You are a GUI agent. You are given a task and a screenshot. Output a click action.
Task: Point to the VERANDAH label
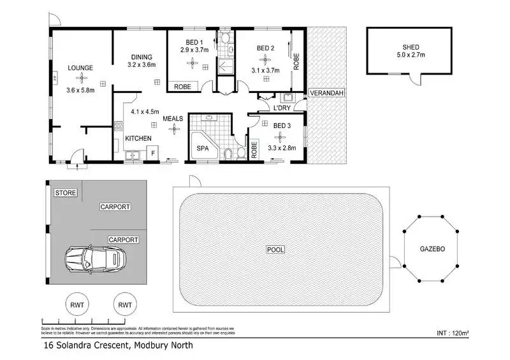pos(326,94)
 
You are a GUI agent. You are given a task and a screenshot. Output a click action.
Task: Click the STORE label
pos(65,192)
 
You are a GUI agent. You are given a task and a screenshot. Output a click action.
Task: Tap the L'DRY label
pos(282,108)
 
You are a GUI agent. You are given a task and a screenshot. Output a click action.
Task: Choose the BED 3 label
pos(282,126)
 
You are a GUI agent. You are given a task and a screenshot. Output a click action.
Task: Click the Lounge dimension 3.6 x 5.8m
pos(80,90)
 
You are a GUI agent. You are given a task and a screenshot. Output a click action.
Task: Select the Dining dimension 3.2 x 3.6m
pos(142,64)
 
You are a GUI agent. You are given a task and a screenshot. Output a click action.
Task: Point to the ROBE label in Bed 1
pos(182,85)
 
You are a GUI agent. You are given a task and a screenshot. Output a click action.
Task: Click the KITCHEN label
pos(138,138)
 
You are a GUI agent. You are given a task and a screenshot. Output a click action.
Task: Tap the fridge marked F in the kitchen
pos(153,153)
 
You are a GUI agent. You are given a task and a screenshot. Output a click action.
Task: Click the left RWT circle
pos(75,305)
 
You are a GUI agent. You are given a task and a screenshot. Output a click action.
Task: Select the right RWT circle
pos(124,305)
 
